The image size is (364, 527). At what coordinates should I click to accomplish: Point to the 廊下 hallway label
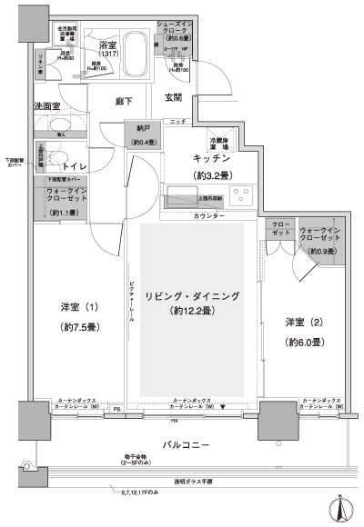[x=126, y=102]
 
